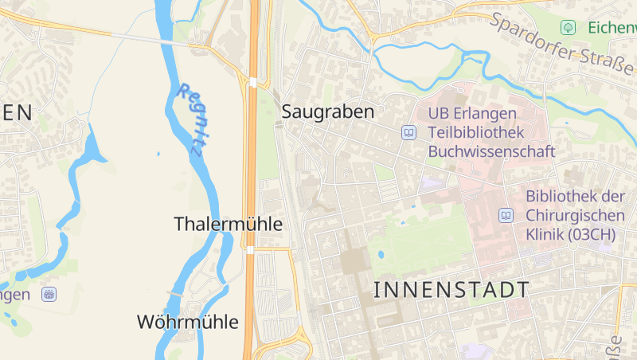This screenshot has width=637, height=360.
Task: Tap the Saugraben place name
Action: pyautogui.click(x=327, y=112)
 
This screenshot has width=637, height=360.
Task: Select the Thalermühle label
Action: pyautogui.click(x=228, y=225)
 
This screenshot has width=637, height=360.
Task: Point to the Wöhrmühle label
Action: pyautogui.click(x=188, y=322)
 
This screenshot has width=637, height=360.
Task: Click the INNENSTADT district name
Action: pyautogui.click(x=451, y=290)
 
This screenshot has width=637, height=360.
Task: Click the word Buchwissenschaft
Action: pyautogui.click(x=491, y=151)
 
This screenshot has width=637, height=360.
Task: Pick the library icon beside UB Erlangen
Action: pyautogui.click(x=409, y=132)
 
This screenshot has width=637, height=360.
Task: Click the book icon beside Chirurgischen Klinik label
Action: pyautogui.click(x=506, y=215)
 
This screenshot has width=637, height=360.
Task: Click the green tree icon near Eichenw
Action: pyautogui.click(x=568, y=27)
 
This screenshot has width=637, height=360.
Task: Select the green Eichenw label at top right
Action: pyautogui.click(x=612, y=27)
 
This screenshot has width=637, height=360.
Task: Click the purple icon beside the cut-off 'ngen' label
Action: pyautogui.click(x=49, y=294)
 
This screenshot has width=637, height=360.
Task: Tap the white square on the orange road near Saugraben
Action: pyautogui.click(x=252, y=81)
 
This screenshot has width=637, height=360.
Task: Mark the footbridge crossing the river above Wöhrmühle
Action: pyautogui.click(x=174, y=294)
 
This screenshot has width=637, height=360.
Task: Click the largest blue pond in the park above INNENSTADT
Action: pyautogui.click(x=381, y=255)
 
